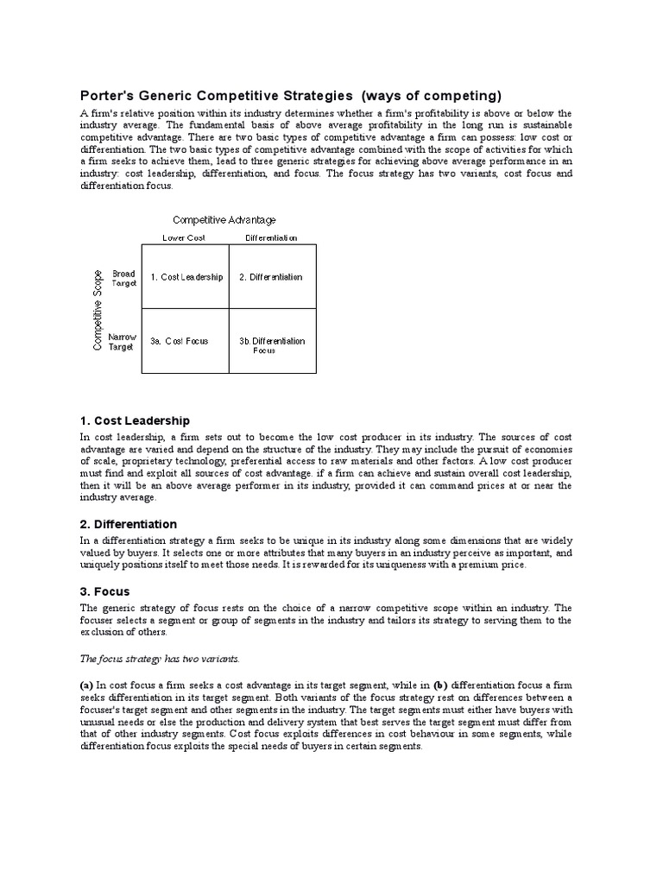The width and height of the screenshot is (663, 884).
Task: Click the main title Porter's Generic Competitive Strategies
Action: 216,95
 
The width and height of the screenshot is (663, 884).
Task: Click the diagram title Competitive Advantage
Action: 224,220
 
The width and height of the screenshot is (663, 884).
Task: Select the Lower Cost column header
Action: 184,237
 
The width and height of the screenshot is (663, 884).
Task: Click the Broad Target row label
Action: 124,278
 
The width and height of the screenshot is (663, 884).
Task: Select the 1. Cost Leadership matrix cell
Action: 186,277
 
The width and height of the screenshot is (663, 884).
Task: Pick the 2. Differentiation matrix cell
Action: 271,277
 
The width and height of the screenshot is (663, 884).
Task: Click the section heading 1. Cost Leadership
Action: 135,420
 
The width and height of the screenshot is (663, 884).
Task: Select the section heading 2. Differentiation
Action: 128,524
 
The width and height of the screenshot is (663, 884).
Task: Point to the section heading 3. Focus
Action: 104,591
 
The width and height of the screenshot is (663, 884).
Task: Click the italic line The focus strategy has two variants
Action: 147,659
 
